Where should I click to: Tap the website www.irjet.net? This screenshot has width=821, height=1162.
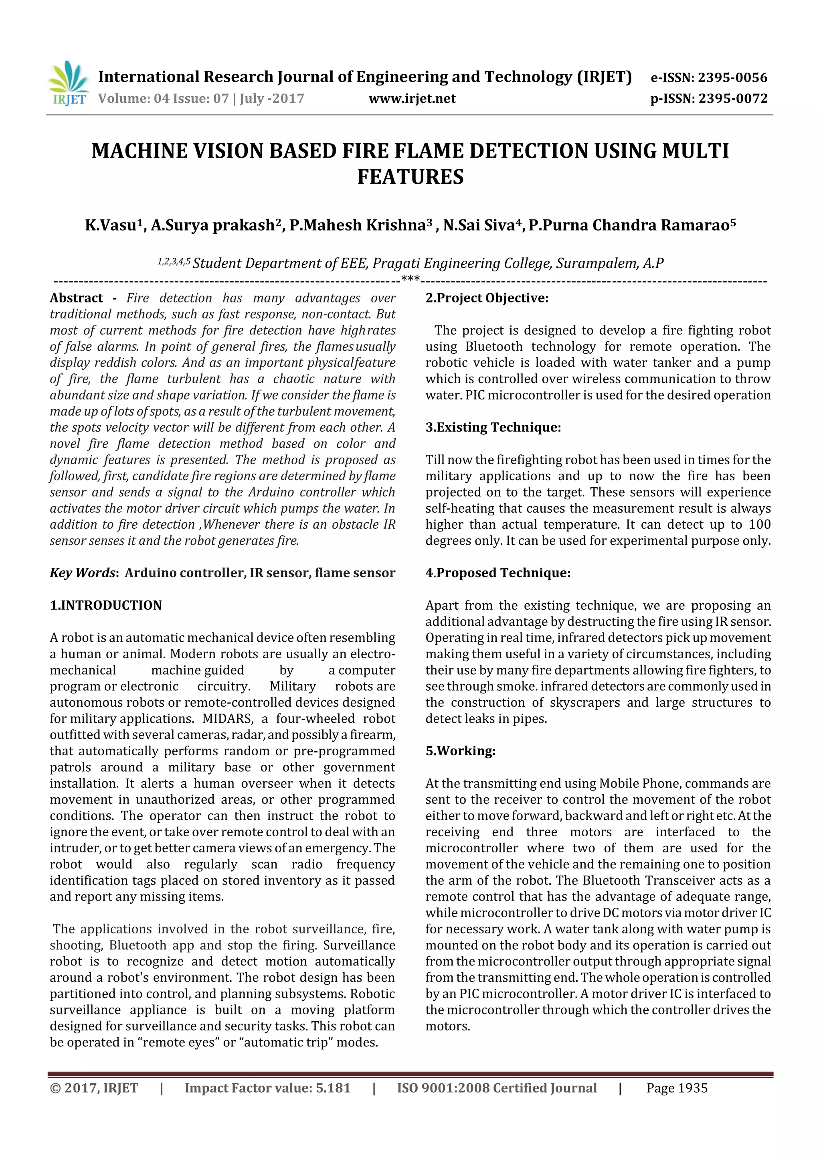pyautogui.click(x=412, y=98)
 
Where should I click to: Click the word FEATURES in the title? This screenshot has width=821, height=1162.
pyautogui.click(x=410, y=176)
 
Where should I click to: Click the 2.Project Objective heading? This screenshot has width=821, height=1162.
pyautogui.click(x=487, y=298)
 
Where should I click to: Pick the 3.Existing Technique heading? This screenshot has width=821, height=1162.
pyautogui.click(x=493, y=427)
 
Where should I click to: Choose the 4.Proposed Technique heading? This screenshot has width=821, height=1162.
pyautogui.click(x=498, y=572)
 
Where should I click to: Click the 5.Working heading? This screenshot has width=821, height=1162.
pyautogui.click(x=460, y=750)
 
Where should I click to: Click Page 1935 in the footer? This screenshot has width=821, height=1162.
pyautogui.click(x=677, y=1088)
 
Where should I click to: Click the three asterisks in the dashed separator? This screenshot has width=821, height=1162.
pyautogui.click(x=410, y=279)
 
